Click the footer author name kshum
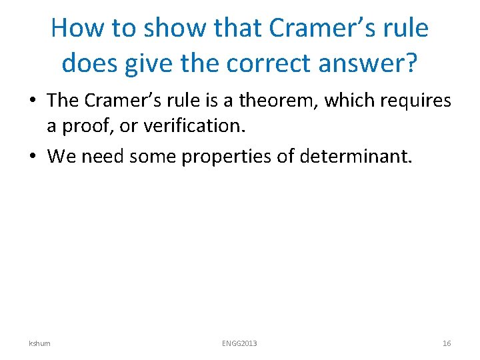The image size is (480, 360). [x=39, y=343]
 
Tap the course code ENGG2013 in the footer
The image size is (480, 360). [x=239, y=343]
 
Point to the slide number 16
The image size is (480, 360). [x=447, y=343]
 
